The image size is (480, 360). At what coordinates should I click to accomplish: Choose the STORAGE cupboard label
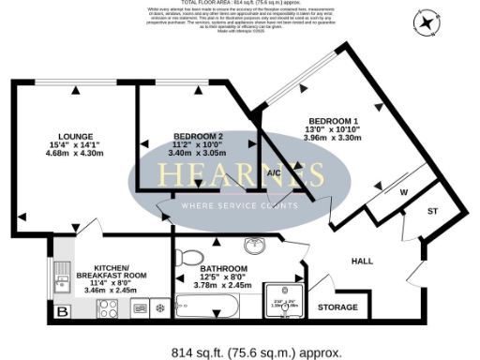pos(337,307)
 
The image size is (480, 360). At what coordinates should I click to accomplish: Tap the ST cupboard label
pos(432,212)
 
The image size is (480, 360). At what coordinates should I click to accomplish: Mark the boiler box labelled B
pos(63,310)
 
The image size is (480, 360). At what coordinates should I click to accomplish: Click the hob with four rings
pos(106,308)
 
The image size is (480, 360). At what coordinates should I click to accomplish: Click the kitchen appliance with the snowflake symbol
pos(159,307)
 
